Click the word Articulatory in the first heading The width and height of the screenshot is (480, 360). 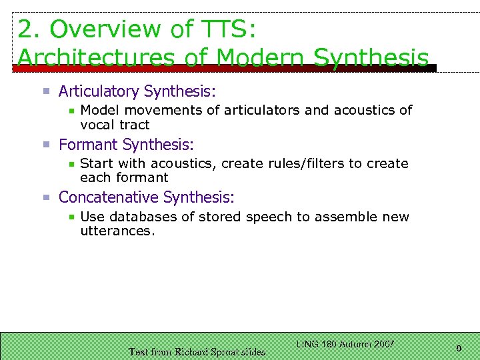click(x=99, y=91)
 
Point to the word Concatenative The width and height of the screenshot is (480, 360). click(x=109, y=197)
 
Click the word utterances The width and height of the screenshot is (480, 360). click(x=117, y=231)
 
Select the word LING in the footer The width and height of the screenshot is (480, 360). click(x=307, y=344)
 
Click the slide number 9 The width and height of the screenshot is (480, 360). click(x=459, y=347)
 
